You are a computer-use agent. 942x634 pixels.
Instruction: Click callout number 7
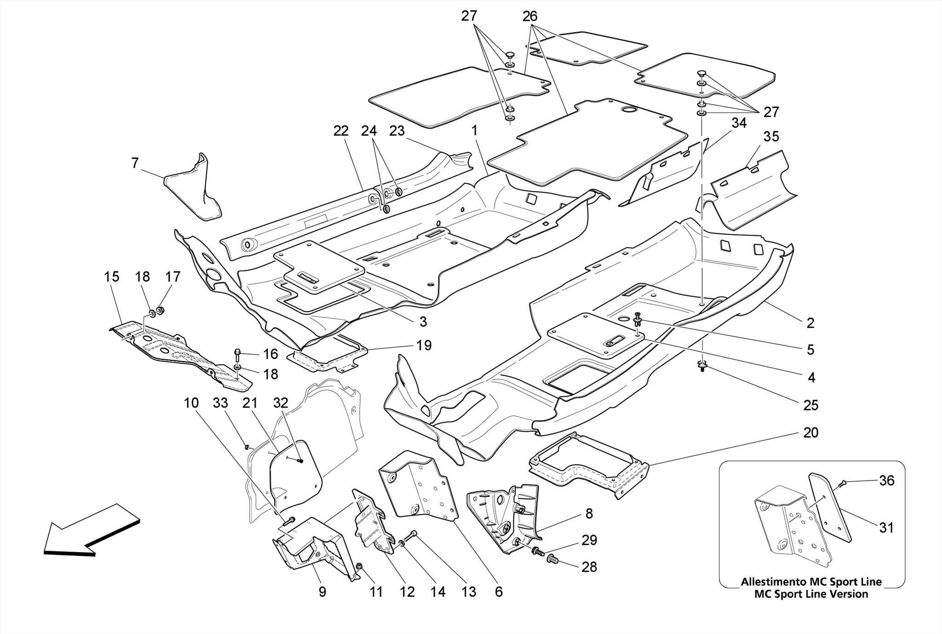point(135,163)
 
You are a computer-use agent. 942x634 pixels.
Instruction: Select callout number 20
point(810,433)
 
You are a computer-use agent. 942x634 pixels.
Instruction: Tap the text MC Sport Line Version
point(811,594)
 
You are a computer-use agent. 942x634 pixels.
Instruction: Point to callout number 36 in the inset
point(886,481)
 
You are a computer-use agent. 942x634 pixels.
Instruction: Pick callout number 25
point(810,405)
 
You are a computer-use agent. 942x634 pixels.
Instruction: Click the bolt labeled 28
point(552,559)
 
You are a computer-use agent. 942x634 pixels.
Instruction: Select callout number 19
point(424,345)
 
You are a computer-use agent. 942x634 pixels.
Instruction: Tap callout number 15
point(112,277)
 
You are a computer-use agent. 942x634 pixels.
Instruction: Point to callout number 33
point(220,403)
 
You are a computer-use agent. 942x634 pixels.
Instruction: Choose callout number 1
point(474,131)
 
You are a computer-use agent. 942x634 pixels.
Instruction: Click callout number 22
point(341,131)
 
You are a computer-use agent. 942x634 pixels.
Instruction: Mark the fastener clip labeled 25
point(702,366)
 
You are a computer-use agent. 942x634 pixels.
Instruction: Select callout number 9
point(322,592)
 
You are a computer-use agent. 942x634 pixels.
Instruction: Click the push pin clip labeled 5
point(638,317)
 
